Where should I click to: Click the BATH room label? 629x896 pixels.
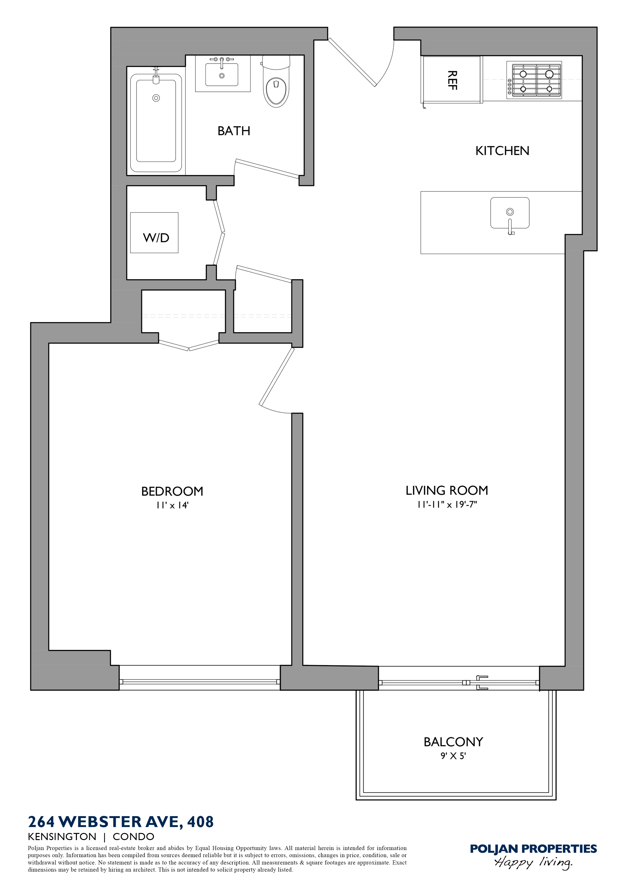(234, 131)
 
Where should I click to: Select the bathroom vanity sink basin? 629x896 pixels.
(222, 75)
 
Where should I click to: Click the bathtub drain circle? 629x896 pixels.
(156, 98)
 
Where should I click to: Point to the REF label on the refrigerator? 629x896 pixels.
(452, 80)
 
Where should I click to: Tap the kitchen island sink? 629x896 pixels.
(510, 213)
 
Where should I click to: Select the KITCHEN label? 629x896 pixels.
(502, 151)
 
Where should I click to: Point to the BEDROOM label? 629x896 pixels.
(172, 491)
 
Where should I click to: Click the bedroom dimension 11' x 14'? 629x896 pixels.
(172, 505)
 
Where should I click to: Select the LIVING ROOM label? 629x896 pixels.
(447, 491)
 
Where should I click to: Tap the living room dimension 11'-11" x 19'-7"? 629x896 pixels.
(447, 505)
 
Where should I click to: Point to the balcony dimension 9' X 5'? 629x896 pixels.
(453, 756)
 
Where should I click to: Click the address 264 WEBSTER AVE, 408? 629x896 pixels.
(121, 822)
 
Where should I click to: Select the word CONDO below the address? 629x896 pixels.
(134, 837)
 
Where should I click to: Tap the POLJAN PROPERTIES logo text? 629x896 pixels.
(533, 849)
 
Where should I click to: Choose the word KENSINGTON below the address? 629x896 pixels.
(62, 837)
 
